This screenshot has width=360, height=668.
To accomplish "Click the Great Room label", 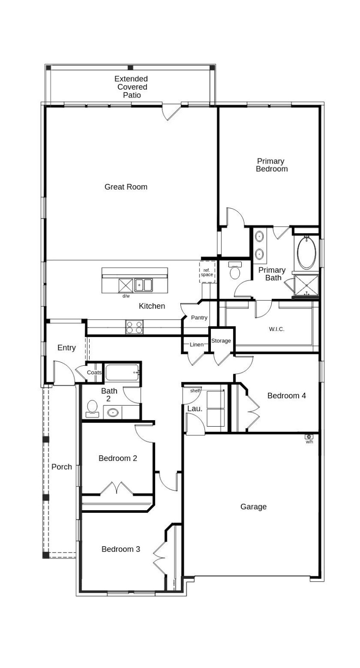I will (x=126, y=187).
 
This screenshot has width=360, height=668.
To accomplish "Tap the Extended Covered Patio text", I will (x=131, y=87).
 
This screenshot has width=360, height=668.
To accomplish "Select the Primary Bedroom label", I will (x=271, y=165).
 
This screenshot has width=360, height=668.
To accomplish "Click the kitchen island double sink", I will (x=143, y=285).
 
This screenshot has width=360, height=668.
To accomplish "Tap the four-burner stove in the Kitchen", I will (x=134, y=327).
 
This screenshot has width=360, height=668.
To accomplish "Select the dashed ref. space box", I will (x=207, y=272).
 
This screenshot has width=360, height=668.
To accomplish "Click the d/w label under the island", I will (x=126, y=296).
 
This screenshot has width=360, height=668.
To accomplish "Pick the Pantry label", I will (x=199, y=318).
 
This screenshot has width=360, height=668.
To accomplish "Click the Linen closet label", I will (x=196, y=345).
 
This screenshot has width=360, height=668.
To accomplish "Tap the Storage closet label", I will (x=221, y=341).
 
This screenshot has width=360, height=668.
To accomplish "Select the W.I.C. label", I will (x=277, y=329).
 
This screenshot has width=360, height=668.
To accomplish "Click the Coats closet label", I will (x=94, y=373).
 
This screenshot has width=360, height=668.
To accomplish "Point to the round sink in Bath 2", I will (x=113, y=412).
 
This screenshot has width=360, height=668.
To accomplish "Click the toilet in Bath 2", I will (x=92, y=408).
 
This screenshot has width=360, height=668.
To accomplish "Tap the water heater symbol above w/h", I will (x=309, y=437).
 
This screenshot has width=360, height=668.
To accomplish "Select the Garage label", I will (x=253, y=507).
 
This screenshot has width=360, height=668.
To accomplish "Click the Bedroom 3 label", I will (x=120, y=549).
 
